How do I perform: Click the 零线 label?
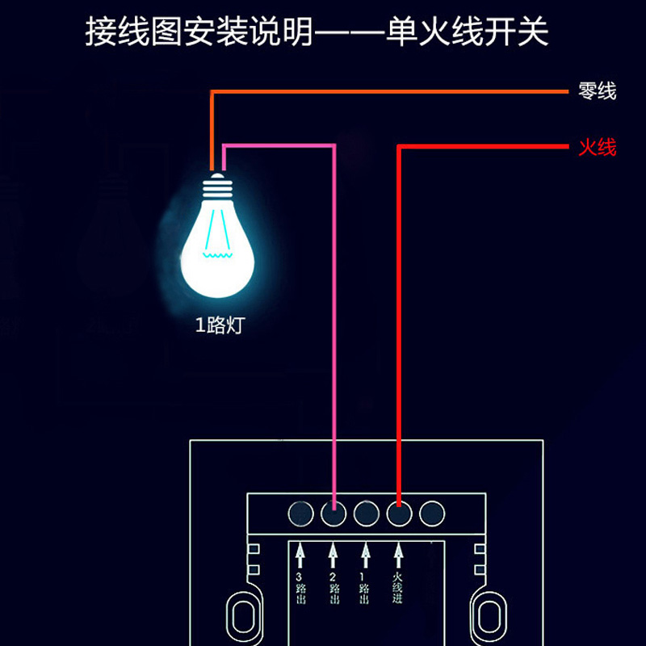point(597,92)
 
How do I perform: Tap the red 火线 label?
point(597,148)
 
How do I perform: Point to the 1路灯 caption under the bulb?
point(219,326)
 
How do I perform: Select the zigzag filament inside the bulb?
point(217,255)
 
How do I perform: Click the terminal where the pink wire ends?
point(333,513)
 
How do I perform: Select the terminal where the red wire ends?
point(399,513)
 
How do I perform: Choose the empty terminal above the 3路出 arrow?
point(300,513)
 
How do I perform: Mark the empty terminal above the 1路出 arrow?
point(366,513)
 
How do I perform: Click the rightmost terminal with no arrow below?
point(432,513)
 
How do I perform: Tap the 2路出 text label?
point(333,589)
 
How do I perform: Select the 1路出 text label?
point(366,589)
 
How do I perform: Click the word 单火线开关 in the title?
point(469,34)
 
